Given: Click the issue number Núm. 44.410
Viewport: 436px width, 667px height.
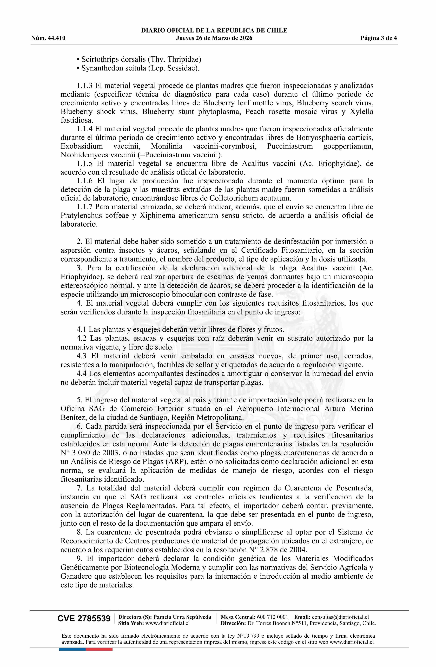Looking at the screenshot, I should pyautogui.click(x=48, y=38).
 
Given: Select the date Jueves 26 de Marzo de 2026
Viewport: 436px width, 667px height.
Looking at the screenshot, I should pyautogui.click(x=214, y=38).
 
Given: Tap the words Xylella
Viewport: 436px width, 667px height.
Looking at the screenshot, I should pyautogui.click(x=361, y=112).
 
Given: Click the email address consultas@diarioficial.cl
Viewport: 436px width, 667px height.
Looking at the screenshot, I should pyautogui.click(x=340, y=617).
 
